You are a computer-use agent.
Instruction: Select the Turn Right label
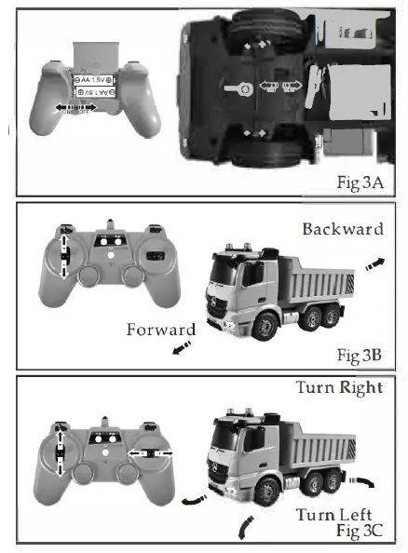click(x=338, y=387)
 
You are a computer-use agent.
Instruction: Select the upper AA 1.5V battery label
click(x=93, y=81)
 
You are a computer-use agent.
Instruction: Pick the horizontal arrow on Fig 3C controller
click(x=148, y=452)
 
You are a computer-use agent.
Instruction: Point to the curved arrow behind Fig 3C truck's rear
click(x=365, y=482)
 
